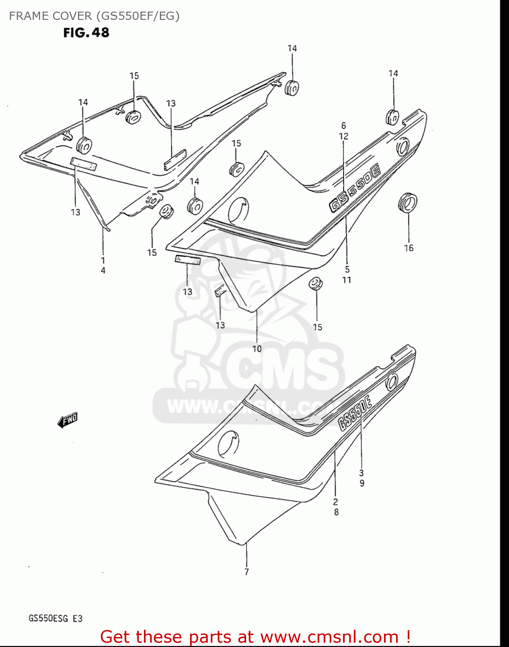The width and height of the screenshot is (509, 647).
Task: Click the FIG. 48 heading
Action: pyautogui.click(x=86, y=33)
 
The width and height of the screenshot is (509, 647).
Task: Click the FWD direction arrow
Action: pyautogui.click(x=68, y=420)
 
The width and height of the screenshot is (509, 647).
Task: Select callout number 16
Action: pyautogui.click(x=409, y=248)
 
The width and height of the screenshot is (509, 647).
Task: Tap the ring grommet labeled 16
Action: pyautogui.click(x=407, y=202)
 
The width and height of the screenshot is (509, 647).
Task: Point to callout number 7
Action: pyautogui.click(x=247, y=572)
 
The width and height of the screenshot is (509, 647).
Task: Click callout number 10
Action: pyautogui.click(x=257, y=349)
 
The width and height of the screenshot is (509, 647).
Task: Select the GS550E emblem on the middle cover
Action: pyautogui.click(x=355, y=190)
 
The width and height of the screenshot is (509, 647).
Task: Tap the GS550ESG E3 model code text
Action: pyautogui.click(x=55, y=619)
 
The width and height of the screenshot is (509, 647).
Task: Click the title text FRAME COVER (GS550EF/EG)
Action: pyautogui.click(x=94, y=16)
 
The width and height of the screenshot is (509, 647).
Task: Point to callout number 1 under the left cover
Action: pyautogui.click(x=103, y=260)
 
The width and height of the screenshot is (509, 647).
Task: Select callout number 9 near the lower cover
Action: pyautogui.click(x=362, y=484)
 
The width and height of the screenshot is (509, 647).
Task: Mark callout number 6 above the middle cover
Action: pyautogui.click(x=343, y=126)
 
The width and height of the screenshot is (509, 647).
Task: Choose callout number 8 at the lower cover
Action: pyautogui.click(x=336, y=512)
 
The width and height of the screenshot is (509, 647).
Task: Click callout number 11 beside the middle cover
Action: pyautogui.click(x=347, y=280)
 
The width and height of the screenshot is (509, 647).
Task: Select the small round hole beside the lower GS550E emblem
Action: pyautogui.click(x=392, y=382)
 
